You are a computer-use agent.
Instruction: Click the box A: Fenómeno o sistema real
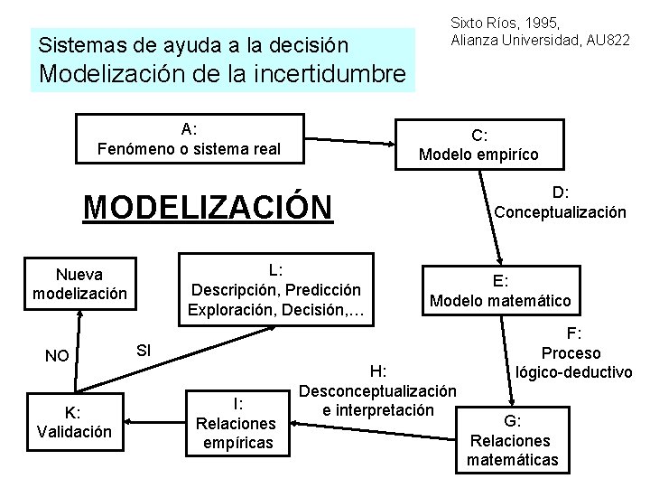click(189, 138)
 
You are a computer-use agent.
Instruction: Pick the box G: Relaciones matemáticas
click(512, 440)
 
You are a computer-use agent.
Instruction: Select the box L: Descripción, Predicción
click(274, 289)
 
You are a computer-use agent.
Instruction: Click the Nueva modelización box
click(79, 283)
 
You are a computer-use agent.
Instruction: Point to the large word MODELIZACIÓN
click(208, 206)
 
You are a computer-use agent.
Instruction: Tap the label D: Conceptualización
click(559, 202)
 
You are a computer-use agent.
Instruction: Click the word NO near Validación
click(57, 355)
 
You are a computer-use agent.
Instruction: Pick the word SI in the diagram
click(143, 349)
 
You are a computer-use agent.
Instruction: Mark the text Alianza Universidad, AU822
click(540, 40)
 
